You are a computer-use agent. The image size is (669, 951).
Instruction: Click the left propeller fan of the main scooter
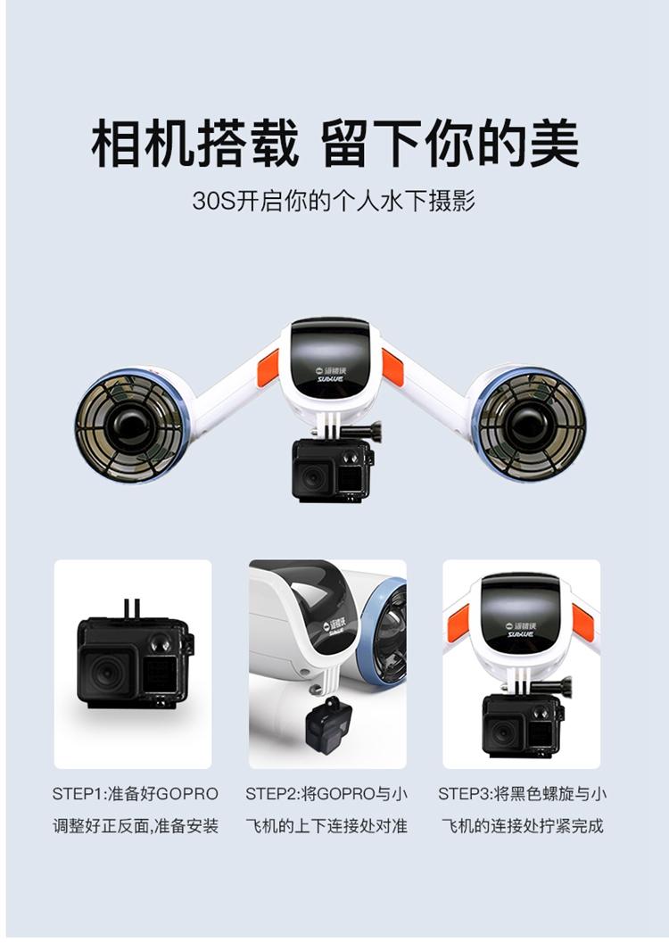(x=129, y=425)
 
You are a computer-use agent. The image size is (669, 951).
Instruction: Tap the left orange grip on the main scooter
(x=268, y=367)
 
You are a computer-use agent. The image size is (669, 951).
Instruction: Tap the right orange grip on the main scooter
(x=392, y=367)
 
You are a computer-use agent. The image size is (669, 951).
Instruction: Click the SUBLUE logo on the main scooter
(x=330, y=374)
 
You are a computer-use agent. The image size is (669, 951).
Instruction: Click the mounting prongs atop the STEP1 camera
(x=132, y=609)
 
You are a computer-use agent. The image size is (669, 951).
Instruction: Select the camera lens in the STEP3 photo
(x=503, y=733)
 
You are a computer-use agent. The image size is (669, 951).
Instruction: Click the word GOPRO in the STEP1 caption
(x=187, y=794)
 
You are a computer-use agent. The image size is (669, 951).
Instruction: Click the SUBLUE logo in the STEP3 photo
(x=520, y=630)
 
